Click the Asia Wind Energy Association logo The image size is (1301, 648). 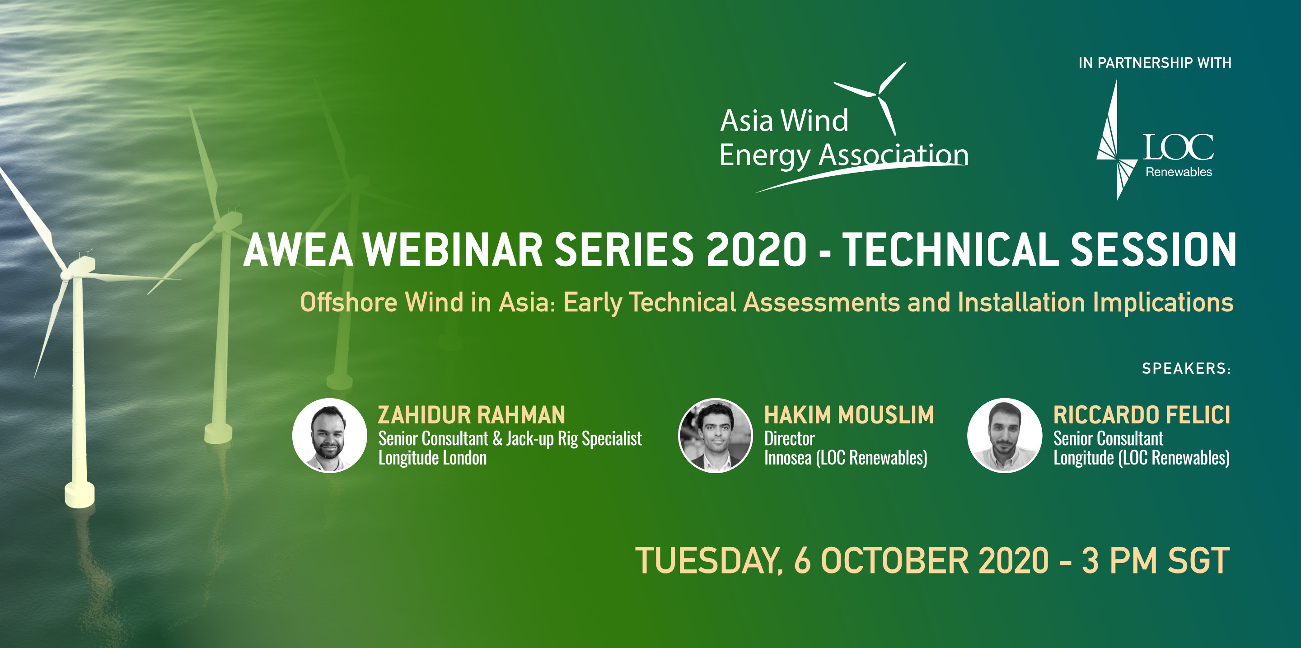point(843,128)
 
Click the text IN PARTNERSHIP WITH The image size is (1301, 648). point(1155,63)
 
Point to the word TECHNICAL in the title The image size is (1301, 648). point(950,249)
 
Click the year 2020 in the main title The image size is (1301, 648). point(757,249)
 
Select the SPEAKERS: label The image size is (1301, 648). point(1186,369)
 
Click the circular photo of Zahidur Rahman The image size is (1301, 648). point(330,435)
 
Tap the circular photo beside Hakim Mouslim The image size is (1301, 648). point(716,435)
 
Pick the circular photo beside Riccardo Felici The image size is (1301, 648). point(1005,435)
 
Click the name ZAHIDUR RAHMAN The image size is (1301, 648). point(472,415)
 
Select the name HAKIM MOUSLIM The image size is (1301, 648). point(849,415)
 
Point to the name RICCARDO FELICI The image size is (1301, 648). point(1142,415)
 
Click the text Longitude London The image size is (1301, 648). point(433,458)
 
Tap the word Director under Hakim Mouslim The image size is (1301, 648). point(789,438)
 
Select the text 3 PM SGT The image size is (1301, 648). point(1156,561)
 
